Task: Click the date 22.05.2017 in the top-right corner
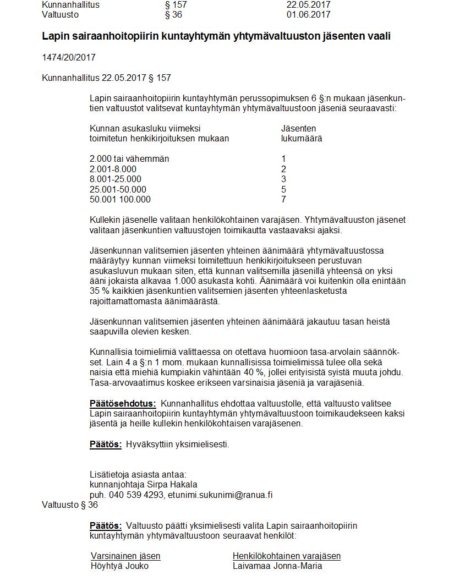pos(308,4)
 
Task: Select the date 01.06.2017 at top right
pos(308,14)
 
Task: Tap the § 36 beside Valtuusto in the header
pos(173,14)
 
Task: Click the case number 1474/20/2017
pos(69,57)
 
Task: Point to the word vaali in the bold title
pos(379,36)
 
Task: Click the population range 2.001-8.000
pos(113,169)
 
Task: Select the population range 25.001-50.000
pos(118,189)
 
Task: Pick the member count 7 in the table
pos(283,199)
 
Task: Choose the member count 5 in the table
pos(283,189)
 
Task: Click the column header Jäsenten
pos(298,128)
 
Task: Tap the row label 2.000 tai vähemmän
pos(129,158)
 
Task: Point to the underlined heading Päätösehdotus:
pos(123,404)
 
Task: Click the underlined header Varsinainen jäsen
pos(125,556)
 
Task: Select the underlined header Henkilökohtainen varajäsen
pos(287,556)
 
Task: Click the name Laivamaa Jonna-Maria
pos(277,566)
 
